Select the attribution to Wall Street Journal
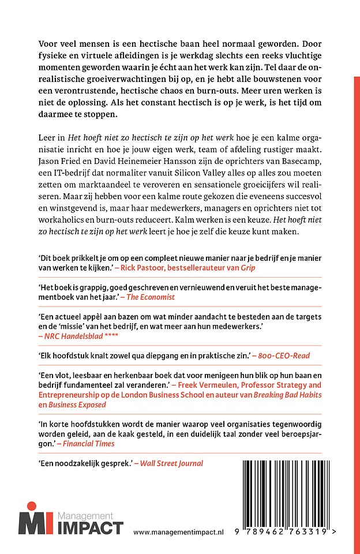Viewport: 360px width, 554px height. [x=171, y=463]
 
